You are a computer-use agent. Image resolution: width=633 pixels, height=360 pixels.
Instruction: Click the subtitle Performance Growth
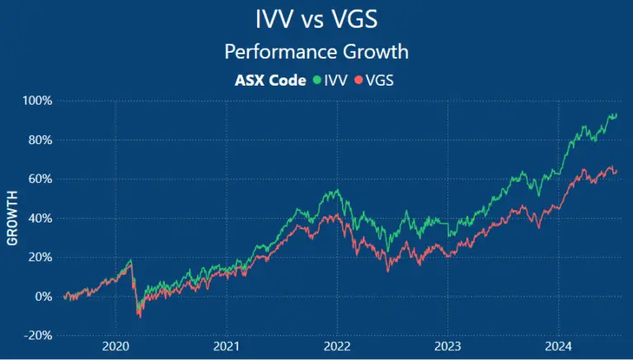pos(316,51)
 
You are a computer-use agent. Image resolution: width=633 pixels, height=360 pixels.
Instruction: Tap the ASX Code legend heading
pos(271,80)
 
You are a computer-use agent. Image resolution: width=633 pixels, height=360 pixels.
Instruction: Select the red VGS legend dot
pos(358,81)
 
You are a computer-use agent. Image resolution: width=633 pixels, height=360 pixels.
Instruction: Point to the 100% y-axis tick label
pos(37,101)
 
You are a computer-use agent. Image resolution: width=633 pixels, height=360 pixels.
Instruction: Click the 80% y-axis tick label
pos(40,140)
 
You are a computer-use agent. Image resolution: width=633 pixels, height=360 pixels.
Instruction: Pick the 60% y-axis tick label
pos(40,179)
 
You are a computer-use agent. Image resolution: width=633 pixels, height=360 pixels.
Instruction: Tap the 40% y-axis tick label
pos(40,218)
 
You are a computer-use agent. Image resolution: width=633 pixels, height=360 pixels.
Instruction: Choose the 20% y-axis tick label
pos(40,257)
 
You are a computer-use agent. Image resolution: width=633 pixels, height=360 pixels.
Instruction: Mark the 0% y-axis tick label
pos(43,297)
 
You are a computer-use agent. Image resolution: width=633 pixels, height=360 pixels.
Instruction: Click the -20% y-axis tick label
pos(38,336)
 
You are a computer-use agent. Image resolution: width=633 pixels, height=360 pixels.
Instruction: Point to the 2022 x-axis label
pos(337,347)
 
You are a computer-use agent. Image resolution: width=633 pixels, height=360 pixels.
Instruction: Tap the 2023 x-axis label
pos(448,347)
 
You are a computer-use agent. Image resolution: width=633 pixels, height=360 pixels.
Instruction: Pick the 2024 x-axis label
pos(559,347)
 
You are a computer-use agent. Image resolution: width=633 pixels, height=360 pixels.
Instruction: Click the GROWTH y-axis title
pos(12,218)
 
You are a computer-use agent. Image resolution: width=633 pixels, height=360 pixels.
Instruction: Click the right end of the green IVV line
pos(617,115)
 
